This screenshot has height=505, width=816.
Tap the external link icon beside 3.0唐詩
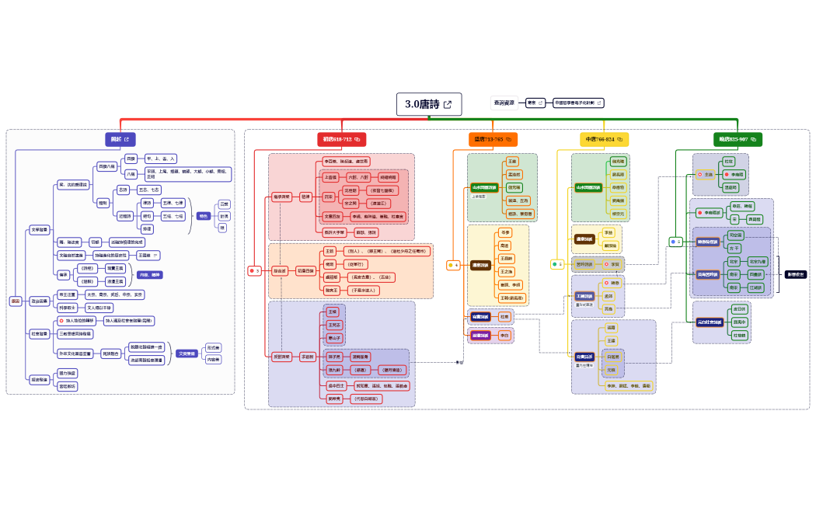(448, 104)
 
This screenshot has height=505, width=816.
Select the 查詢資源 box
(504, 103)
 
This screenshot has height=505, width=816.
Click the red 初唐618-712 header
(341, 139)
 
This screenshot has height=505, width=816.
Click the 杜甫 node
(504, 317)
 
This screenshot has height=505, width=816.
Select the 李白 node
(504, 336)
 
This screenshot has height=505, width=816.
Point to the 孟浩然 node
(514, 174)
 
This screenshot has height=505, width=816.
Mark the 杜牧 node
(730, 161)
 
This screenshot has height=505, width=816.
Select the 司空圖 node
(735, 235)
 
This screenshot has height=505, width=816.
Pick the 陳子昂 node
(335, 357)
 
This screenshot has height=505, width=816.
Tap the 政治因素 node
(40, 301)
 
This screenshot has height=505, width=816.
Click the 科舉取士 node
(68, 308)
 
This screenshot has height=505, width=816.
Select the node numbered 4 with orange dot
(454, 265)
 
